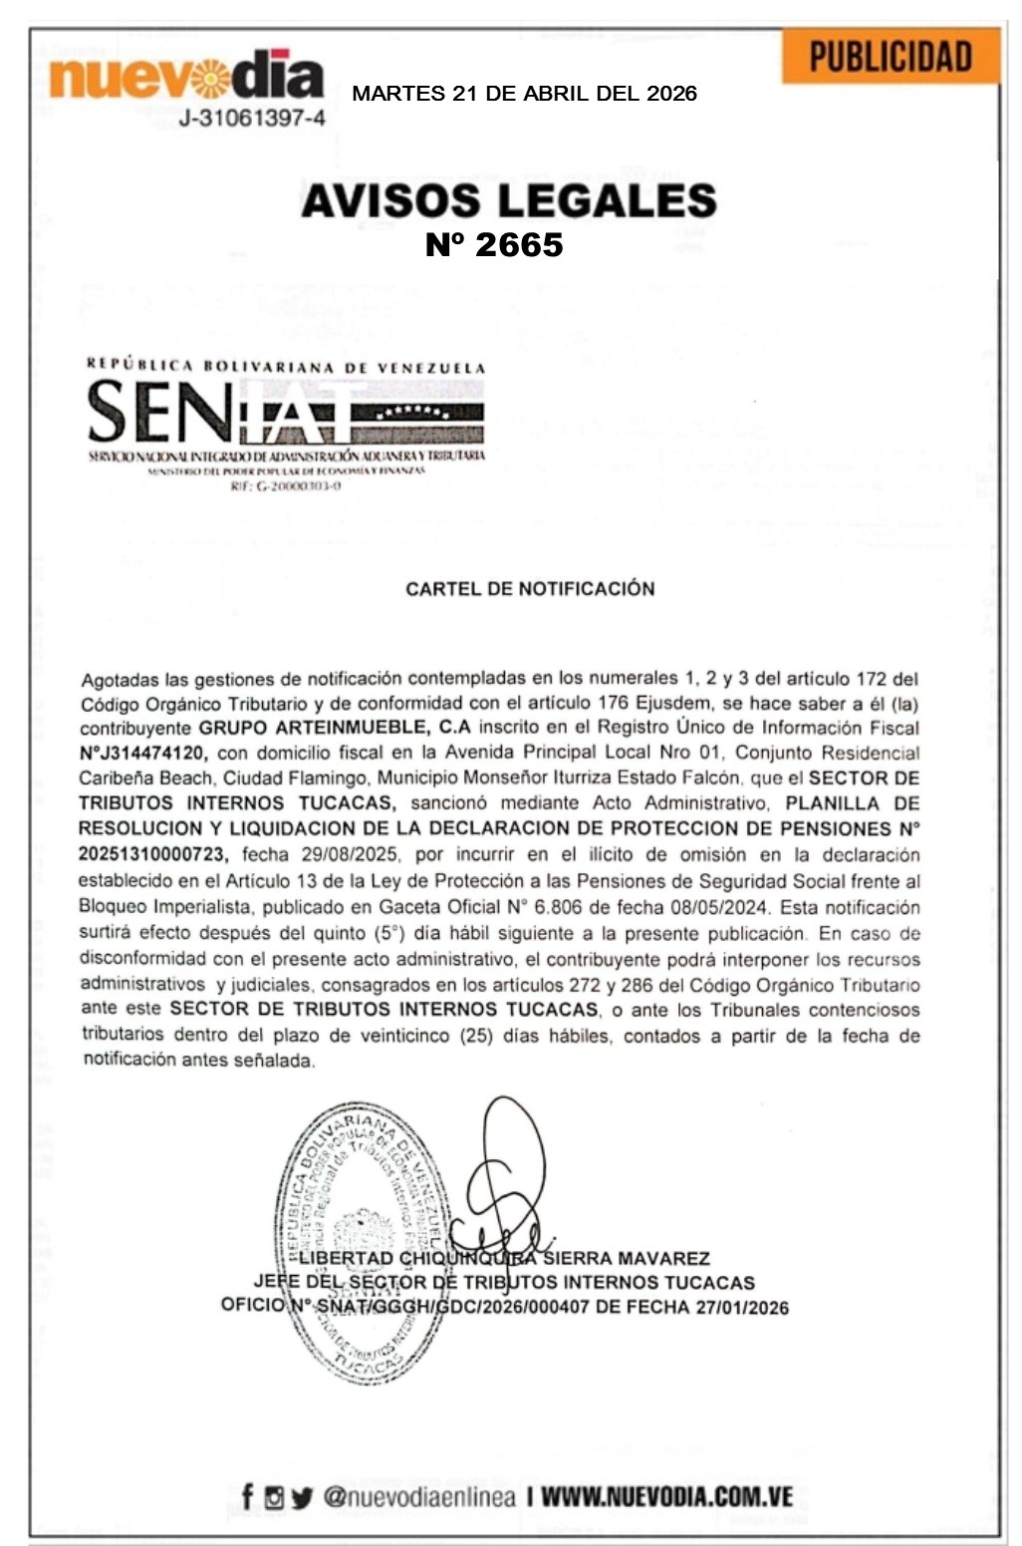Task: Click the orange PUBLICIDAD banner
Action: click(x=890, y=58)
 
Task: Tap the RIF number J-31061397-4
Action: click(x=251, y=119)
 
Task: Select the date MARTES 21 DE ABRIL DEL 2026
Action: click(x=524, y=94)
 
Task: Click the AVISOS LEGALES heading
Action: click(x=509, y=200)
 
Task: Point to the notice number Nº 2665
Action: click(x=494, y=244)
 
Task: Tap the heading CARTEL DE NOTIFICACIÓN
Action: click(x=530, y=588)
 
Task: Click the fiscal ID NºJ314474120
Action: click(x=143, y=753)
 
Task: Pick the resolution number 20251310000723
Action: click(x=152, y=854)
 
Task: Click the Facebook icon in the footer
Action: click(x=247, y=1496)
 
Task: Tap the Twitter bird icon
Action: click(x=302, y=1497)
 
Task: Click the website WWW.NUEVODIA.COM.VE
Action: click(x=667, y=1496)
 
